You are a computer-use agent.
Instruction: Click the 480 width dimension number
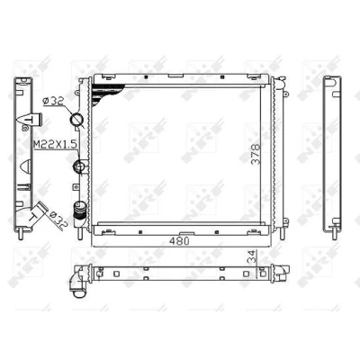179,241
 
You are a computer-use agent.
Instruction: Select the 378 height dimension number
256,154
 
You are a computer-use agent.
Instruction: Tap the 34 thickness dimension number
253,256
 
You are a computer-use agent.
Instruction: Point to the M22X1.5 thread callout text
55,145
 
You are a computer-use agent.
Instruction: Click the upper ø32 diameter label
53,102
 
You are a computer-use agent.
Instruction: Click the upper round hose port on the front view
76,120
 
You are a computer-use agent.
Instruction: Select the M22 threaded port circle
79,166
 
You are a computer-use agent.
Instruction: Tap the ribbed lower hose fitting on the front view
79,211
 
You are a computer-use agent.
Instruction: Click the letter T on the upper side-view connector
29,120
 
